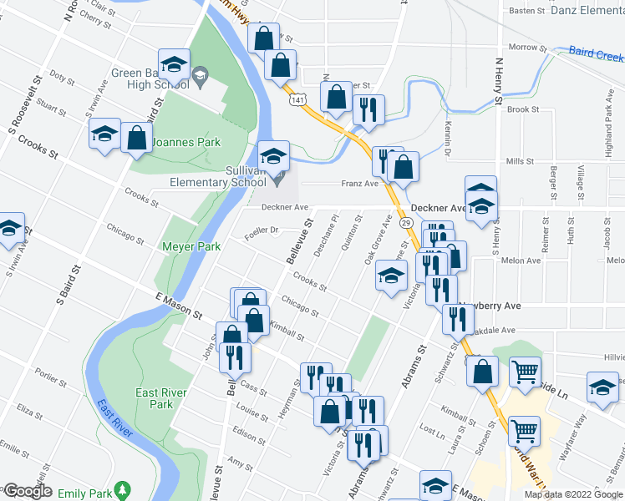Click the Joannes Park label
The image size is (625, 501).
(185, 142)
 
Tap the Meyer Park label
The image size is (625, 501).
(191, 246)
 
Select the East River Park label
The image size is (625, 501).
(156, 398)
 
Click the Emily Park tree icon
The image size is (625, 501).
(124, 488)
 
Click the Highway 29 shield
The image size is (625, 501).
(405, 224)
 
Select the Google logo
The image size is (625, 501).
(28, 491)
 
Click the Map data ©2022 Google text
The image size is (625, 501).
(573, 494)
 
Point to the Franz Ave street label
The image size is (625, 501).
(359, 183)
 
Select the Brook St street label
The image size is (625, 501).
(523, 109)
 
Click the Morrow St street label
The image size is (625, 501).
(526, 48)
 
